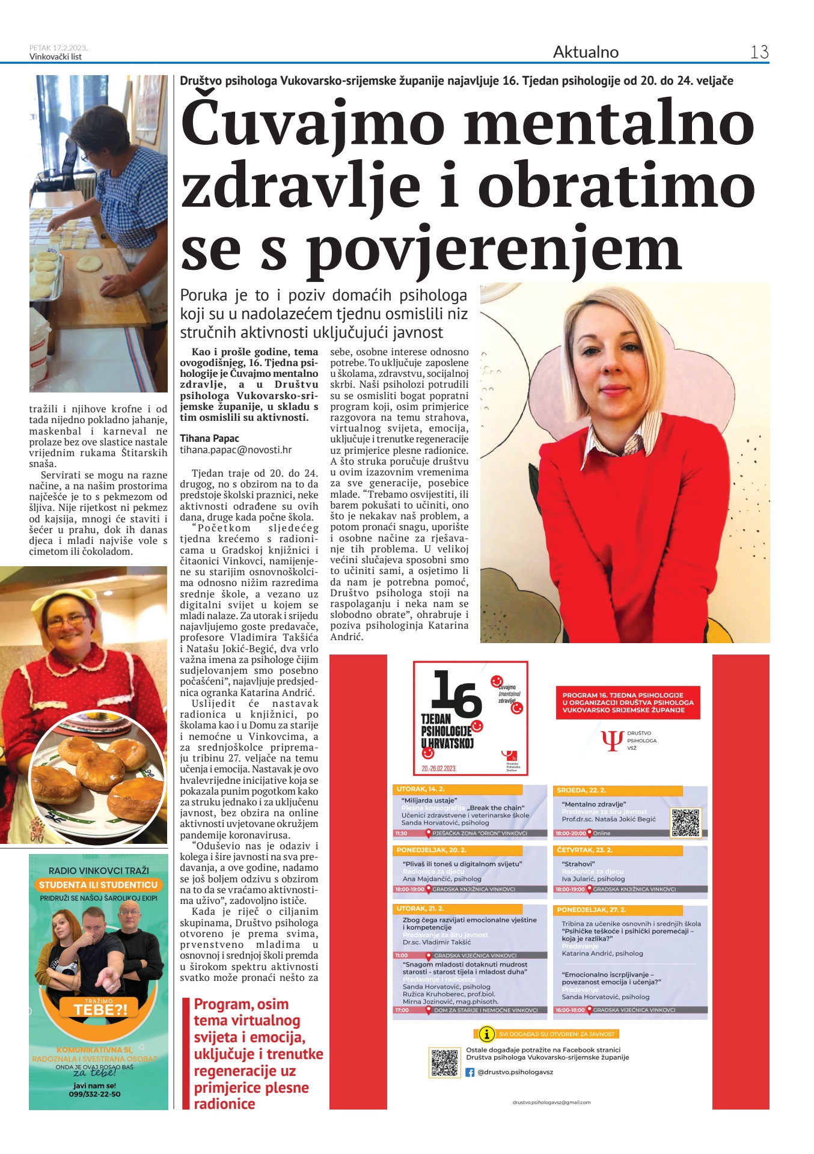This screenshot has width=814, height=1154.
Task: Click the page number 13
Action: [x=759, y=52]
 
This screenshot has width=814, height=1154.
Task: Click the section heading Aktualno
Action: [x=585, y=52]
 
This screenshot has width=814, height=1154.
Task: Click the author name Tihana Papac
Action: [x=209, y=438]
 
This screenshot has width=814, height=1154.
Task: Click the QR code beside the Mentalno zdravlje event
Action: [x=685, y=823]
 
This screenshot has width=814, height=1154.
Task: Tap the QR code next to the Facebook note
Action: [x=444, y=1063]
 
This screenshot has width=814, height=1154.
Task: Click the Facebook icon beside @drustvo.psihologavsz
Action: [x=470, y=1072]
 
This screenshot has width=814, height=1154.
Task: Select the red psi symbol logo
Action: [x=612, y=740]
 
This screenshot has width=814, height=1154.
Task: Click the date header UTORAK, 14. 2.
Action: [x=421, y=789]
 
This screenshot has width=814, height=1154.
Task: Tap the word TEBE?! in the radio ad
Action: [x=100, y=1009]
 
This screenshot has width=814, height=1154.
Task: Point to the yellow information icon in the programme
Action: [x=485, y=1034]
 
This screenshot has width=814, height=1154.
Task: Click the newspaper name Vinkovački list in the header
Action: [x=55, y=57]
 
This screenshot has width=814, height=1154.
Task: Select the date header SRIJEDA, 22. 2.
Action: [x=581, y=790]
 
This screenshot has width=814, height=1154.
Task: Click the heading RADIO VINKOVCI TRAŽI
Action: [x=99, y=870]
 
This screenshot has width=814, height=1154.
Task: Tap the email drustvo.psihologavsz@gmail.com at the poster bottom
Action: [x=551, y=1102]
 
